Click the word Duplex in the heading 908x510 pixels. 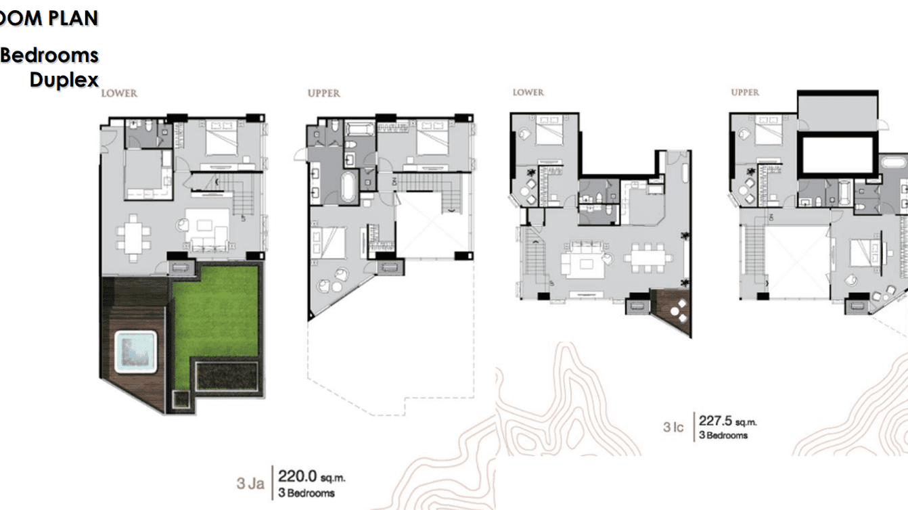64,80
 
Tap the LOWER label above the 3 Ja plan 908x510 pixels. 119,93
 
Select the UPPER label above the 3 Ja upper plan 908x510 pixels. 323,93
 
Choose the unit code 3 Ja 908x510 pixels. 250,484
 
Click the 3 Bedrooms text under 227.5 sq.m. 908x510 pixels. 723,436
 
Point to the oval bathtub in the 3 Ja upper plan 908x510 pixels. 348,187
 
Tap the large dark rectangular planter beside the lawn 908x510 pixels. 227,377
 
